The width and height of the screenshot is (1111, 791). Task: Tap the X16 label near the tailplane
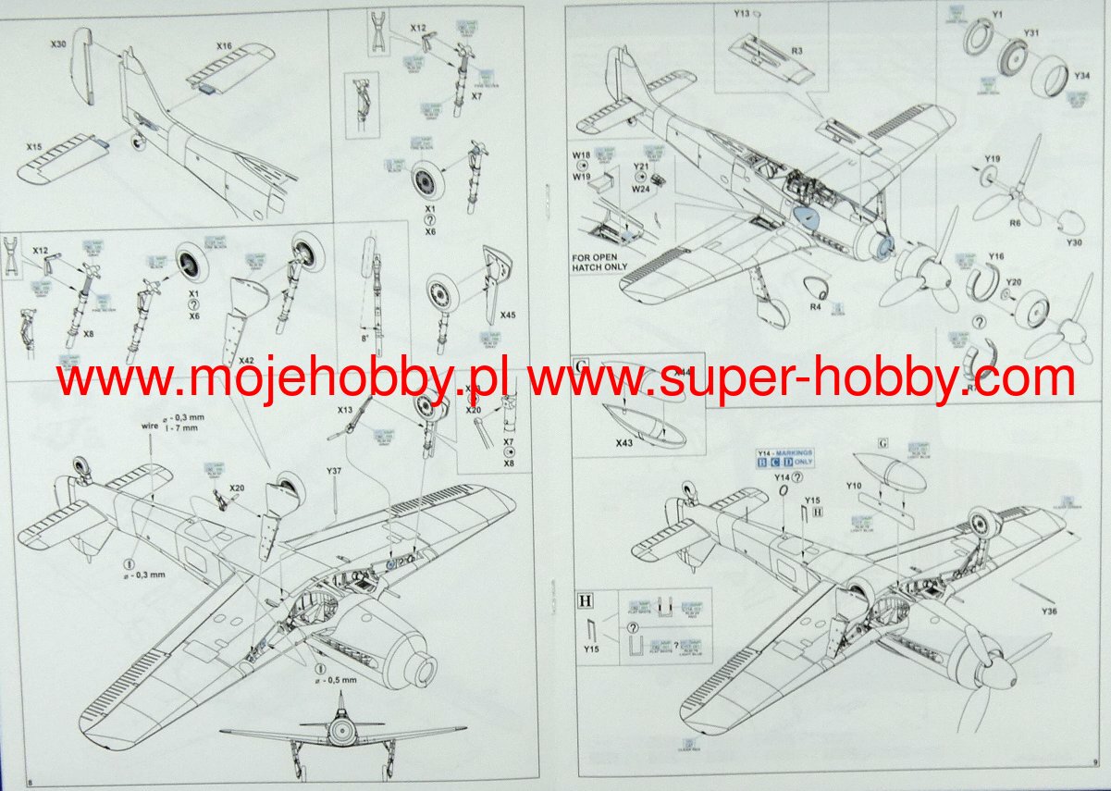click(225, 46)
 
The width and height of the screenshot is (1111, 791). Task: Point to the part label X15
click(34, 147)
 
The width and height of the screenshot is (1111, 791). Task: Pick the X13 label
click(345, 409)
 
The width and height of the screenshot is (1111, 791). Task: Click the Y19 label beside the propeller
click(992, 158)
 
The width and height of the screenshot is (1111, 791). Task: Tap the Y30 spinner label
click(1073, 242)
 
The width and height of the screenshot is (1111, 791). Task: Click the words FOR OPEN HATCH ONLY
click(599, 261)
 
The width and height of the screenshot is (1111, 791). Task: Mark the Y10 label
click(853, 486)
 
